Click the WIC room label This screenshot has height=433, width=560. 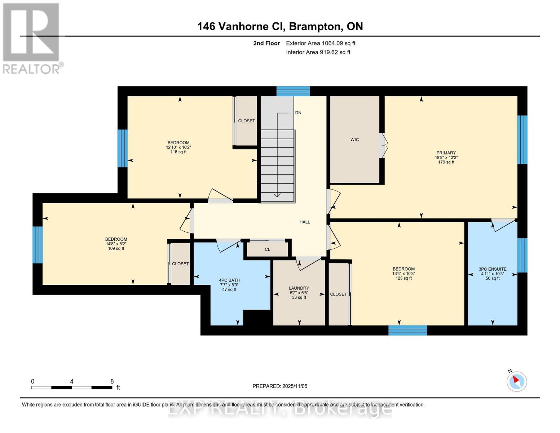pos(354,140)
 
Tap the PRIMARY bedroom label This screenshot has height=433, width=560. pos(446,153)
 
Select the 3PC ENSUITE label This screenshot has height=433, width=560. pos(493,269)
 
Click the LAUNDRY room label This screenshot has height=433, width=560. pos(299,288)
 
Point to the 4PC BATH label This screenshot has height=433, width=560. pos(229,280)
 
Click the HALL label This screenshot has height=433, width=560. pos(305,222)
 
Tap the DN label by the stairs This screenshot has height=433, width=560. pos(298,113)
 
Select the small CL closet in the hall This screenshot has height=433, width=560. pos(267,249)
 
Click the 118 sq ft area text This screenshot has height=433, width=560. pos(178,152)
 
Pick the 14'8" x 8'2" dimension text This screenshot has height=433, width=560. pos(116,244)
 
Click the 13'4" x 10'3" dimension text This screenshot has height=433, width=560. pos(404,274)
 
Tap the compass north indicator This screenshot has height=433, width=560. pos(516,381)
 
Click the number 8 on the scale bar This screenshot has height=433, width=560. pos(112,381)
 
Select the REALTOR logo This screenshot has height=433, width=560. pos(32,38)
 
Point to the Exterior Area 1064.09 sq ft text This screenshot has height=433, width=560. pos(321,43)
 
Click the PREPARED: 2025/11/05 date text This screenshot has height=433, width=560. pos(280,386)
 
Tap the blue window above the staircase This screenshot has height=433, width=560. pos(293,91)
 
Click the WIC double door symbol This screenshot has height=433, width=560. pos(383,145)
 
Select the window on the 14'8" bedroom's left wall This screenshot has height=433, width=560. pos(38,245)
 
